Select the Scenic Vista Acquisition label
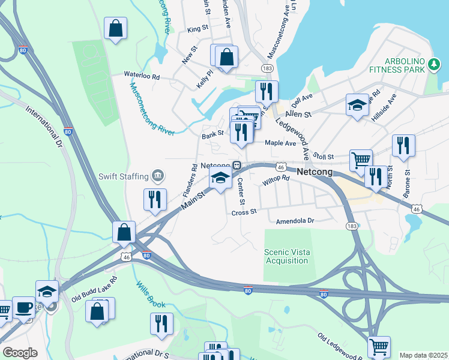287,256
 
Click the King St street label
197,29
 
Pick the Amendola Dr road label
295,221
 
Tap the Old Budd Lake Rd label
94,289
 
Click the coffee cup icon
23,306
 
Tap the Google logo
20,352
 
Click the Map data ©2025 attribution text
423,355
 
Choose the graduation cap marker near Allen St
357,105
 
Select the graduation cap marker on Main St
220,178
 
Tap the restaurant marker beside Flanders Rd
155,199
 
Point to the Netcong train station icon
237,166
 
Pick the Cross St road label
244,212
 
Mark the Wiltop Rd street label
276,181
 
